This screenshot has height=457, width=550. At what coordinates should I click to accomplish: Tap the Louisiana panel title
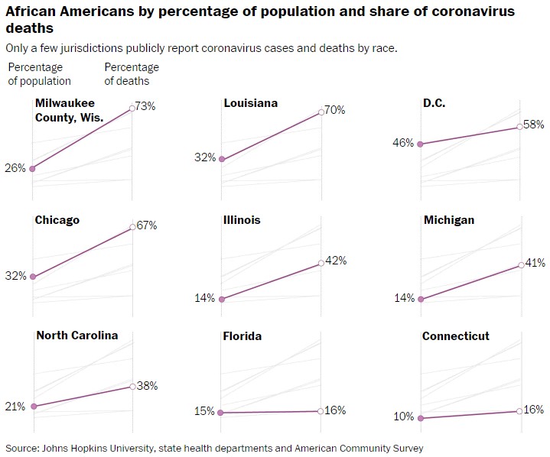click(x=250, y=103)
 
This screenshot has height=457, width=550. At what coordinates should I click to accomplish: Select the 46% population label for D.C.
click(x=404, y=143)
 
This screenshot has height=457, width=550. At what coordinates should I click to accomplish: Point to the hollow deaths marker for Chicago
click(x=133, y=227)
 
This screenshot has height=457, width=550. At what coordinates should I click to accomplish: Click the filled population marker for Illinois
click(x=222, y=300)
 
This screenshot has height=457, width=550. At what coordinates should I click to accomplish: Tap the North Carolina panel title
click(x=77, y=335)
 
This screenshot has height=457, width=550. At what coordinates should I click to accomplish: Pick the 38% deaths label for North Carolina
click(x=147, y=386)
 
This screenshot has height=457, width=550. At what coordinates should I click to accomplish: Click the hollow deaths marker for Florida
click(x=321, y=411)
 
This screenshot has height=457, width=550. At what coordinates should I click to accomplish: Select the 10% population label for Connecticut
click(x=404, y=416)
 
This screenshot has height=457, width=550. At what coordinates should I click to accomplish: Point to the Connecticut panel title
click(x=456, y=336)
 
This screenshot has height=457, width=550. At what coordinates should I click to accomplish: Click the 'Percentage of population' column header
click(x=40, y=74)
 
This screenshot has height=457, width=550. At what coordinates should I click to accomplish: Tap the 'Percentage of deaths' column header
click(x=132, y=74)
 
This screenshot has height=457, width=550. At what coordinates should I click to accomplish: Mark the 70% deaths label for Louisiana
click(x=335, y=110)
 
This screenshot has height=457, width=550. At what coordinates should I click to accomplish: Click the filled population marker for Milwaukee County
click(x=32, y=169)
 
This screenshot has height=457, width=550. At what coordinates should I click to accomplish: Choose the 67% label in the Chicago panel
click(x=147, y=225)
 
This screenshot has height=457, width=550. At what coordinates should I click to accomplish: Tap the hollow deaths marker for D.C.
click(x=520, y=127)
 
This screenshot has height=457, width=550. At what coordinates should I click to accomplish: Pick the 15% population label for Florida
click(x=204, y=411)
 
